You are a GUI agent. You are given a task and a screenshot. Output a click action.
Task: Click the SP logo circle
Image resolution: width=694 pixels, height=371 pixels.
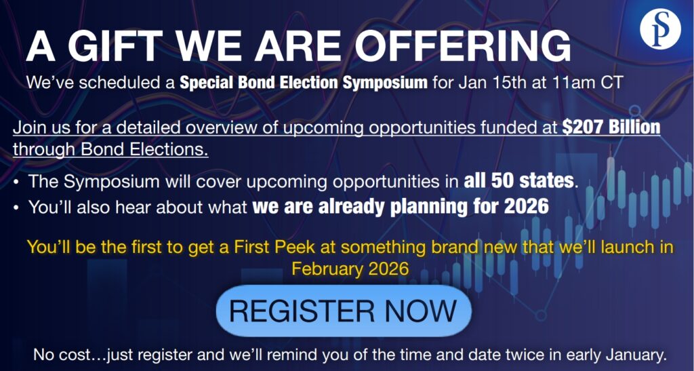pos(660,28)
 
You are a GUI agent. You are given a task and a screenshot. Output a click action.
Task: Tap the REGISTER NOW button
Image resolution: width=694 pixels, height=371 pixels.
pos(344,311)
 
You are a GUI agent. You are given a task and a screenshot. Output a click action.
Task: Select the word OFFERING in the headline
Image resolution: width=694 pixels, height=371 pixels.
pos(463,47)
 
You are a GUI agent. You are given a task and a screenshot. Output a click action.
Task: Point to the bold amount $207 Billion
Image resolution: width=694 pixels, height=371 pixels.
pos(611,128)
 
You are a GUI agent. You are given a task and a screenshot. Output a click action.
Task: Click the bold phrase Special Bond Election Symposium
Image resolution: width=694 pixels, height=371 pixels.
pos(304,83)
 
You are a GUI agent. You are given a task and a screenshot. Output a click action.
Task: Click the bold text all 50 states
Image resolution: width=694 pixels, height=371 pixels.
pos(518,181)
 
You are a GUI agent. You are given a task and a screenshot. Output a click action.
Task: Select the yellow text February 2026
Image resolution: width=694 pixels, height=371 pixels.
pos(350,269)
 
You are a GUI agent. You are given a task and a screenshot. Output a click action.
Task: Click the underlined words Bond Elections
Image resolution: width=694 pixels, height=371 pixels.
pos(144,150)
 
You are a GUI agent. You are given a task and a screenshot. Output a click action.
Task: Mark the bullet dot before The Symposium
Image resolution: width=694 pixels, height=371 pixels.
pos(16,182)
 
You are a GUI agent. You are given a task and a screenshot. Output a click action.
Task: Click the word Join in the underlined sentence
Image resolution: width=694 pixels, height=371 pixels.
pos(29,128)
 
